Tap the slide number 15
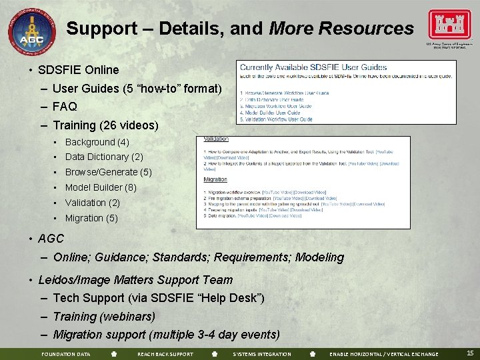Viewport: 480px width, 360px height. pos(470,353)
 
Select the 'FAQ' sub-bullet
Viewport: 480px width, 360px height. pos(65,107)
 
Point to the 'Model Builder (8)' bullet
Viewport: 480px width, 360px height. pos(101,187)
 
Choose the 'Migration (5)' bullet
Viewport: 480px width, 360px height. pos(91,218)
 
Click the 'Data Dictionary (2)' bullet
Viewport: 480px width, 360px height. pos(104,157)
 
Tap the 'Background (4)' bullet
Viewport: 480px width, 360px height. pos(97,142)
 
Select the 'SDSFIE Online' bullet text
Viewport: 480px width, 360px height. pos(79,70)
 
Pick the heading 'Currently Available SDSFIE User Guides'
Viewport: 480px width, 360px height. pos(313,67)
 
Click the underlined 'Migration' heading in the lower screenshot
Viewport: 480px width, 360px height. pos(215,179)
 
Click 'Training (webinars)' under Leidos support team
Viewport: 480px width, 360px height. pos(104,317)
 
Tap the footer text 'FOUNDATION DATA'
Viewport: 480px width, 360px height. pos(65,354)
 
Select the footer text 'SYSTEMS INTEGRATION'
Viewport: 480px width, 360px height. pos(262,354)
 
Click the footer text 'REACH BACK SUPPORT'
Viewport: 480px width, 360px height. pos(165,354)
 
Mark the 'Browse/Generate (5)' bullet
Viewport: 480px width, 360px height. pos(109,172)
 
